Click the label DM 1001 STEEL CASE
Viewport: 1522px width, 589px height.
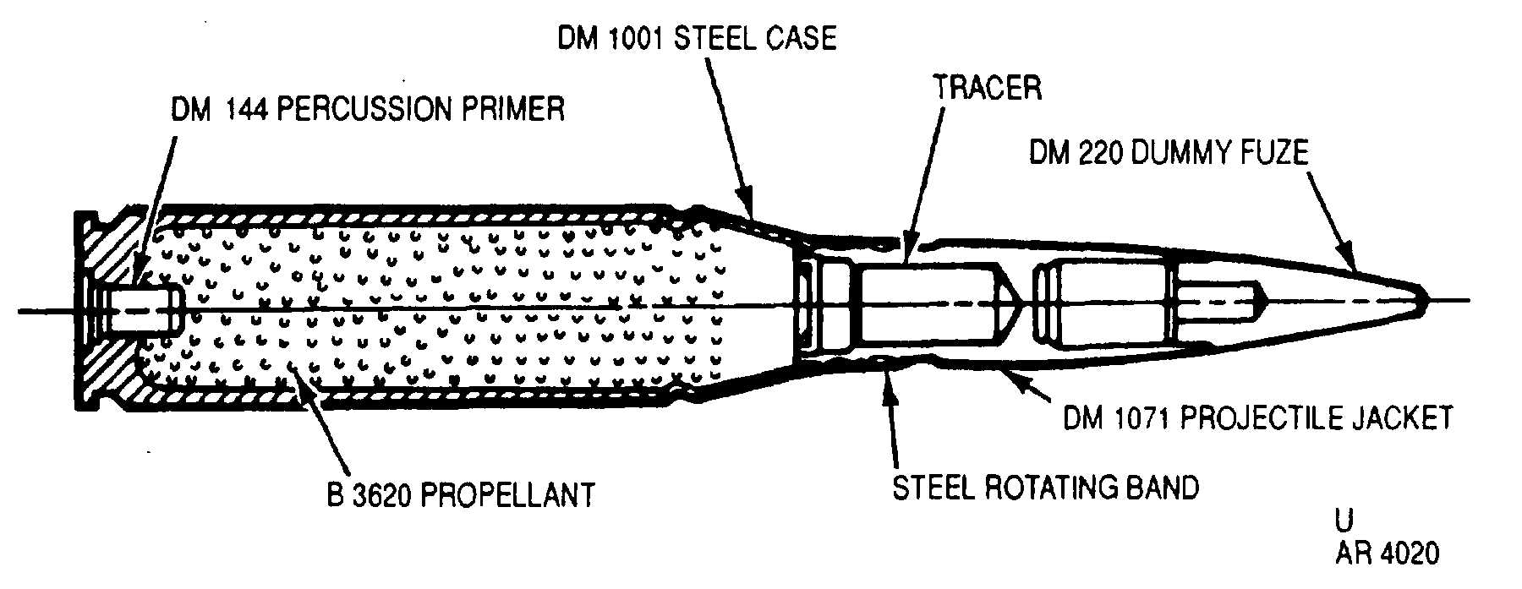point(696,40)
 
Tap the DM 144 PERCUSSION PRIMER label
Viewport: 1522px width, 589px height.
point(368,110)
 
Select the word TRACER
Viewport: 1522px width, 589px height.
point(988,87)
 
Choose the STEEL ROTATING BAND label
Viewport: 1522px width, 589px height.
point(1046,488)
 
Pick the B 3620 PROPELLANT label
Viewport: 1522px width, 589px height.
point(461,494)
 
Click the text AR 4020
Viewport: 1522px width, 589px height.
point(1387,554)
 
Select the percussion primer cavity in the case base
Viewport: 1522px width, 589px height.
point(135,308)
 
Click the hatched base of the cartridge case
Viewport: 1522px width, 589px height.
point(106,308)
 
